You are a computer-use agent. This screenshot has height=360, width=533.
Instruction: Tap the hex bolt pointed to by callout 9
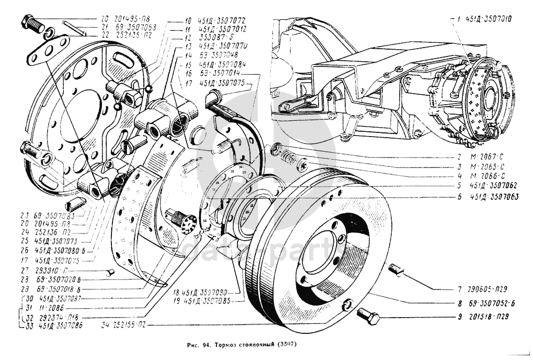[x=369, y=316]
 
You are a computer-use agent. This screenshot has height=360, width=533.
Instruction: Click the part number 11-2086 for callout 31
[x=51, y=308]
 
